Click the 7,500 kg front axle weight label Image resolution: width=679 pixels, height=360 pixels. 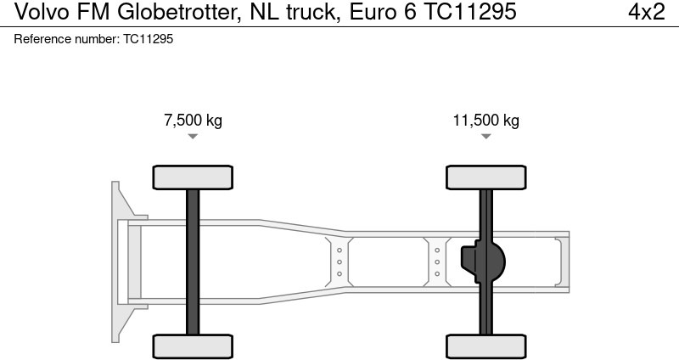(x=193, y=121)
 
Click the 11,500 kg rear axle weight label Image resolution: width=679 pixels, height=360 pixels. (x=485, y=121)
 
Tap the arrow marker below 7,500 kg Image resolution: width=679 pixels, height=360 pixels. (x=193, y=137)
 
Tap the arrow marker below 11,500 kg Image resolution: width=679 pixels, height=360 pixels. (x=485, y=137)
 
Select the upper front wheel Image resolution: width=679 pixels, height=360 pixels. (x=193, y=177)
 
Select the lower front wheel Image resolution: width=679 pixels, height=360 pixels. (x=193, y=346)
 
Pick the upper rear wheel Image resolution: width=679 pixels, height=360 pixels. (x=485, y=177)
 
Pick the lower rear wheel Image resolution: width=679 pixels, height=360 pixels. (x=485, y=346)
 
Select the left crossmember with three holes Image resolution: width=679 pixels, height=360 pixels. (x=339, y=262)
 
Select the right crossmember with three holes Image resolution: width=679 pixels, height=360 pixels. (x=437, y=262)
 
